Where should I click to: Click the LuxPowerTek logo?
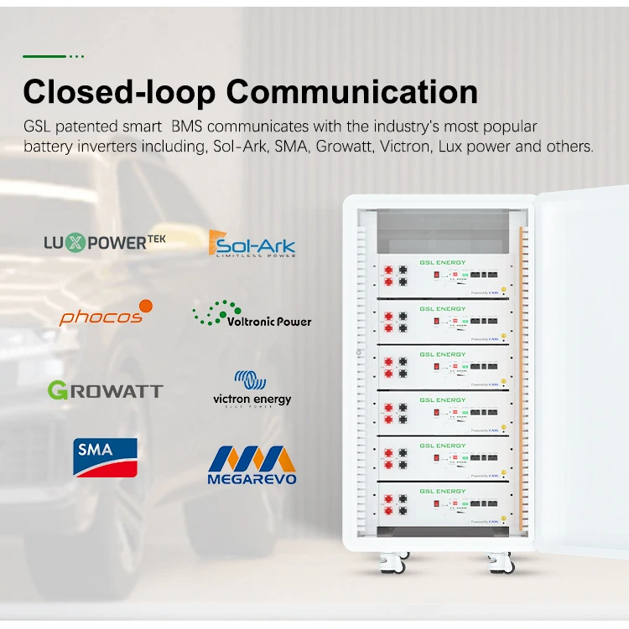(105, 243)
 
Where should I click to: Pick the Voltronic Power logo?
(252, 316)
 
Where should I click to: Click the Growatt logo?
(105, 389)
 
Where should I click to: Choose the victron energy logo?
(252, 390)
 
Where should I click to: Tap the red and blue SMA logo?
(105, 456)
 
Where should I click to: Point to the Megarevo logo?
(252, 466)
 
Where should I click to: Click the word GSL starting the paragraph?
(39, 127)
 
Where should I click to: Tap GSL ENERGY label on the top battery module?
(442, 263)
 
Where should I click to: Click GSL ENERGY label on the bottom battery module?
(442, 492)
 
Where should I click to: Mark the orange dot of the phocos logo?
(146, 306)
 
